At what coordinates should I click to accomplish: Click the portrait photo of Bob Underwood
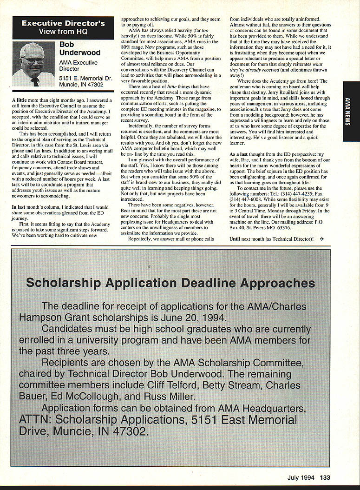pos(33,64)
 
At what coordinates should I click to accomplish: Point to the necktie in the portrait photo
pos(35,81)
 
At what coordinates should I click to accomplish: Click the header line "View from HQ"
pos(63,32)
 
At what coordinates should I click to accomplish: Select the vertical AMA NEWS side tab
pos(351,112)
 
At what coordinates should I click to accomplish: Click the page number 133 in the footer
pos(325,477)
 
